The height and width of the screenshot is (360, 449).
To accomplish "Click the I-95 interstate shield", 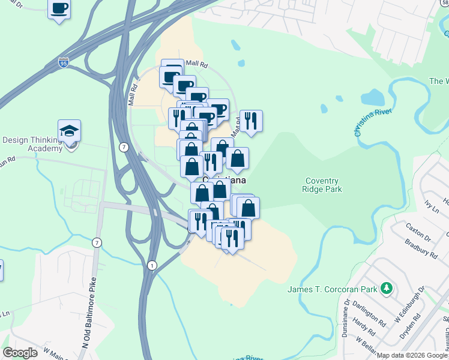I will pyautogui.click(x=64, y=62).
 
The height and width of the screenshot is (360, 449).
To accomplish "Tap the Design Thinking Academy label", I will pyautogui.click(x=32, y=144).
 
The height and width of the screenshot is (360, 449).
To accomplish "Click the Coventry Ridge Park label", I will pyautogui.click(x=322, y=185).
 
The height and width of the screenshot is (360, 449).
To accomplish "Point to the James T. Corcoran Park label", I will pyautogui.click(x=332, y=290).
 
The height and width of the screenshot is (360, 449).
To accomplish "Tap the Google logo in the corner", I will pyautogui.click(x=20, y=353).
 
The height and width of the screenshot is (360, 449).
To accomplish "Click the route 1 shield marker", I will pyautogui.click(x=151, y=265).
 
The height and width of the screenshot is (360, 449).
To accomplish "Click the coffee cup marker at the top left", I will pyautogui.click(x=59, y=9).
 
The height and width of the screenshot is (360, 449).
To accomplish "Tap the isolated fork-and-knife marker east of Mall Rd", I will pyautogui.click(x=251, y=121).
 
